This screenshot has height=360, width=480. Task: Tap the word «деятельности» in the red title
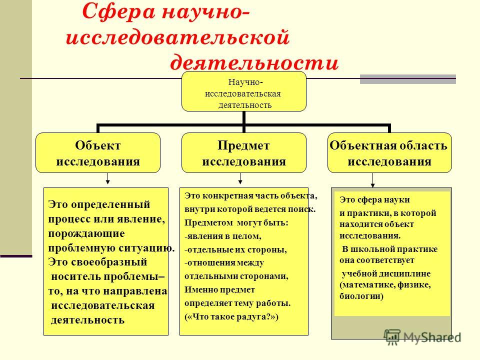pos(254,63)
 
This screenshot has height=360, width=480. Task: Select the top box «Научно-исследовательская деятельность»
pos(244,91)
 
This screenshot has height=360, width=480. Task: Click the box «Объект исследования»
pos(98,153)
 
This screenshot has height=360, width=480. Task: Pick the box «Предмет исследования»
pos(244,153)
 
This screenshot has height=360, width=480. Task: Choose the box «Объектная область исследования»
pos(389,153)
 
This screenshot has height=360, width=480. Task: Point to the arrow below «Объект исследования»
pos(107,178)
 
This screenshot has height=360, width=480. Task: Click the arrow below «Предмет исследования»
pos(240,178)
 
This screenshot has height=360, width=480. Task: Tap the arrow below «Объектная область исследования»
pos(372,180)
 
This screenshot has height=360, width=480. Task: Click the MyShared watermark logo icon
pos(392,337)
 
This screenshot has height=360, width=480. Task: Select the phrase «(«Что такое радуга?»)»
pos(231,316)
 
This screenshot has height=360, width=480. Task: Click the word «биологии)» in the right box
pos(361,296)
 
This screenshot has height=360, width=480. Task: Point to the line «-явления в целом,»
pos(223,236)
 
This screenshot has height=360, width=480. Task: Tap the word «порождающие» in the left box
pos(86,233)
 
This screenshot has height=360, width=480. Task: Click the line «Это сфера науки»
pos(374,200)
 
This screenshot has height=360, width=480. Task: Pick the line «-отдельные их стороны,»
pos(235,250)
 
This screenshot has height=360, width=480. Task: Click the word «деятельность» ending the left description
pos(87,320)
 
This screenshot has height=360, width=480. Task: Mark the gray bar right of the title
pos(408,79)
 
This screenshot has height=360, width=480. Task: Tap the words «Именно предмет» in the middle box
pos(219,289)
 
